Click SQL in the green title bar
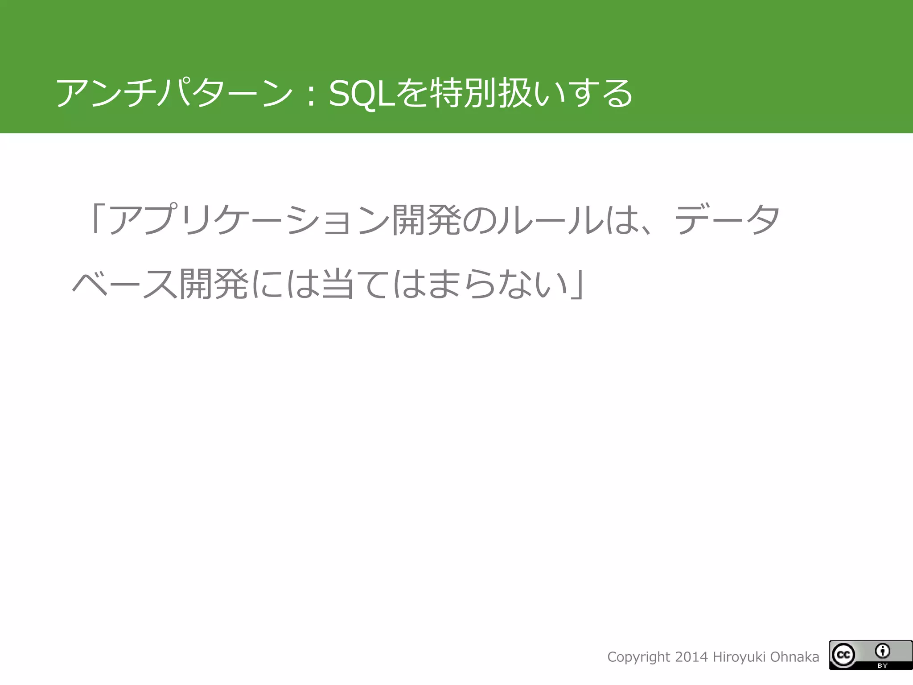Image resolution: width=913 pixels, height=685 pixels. [x=362, y=94]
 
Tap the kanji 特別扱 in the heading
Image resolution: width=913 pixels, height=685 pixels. [x=481, y=93]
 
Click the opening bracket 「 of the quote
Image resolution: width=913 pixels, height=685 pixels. [x=95, y=219]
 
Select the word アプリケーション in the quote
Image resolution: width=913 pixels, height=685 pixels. [x=250, y=219]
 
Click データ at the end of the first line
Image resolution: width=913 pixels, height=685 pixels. [x=727, y=219]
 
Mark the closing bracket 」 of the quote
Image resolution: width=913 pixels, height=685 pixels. [x=577, y=285]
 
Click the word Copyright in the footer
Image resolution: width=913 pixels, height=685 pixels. [x=638, y=657]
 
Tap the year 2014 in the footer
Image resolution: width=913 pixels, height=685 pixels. [x=691, y=657]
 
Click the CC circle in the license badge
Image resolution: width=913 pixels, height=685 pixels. [x=843, y=655]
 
